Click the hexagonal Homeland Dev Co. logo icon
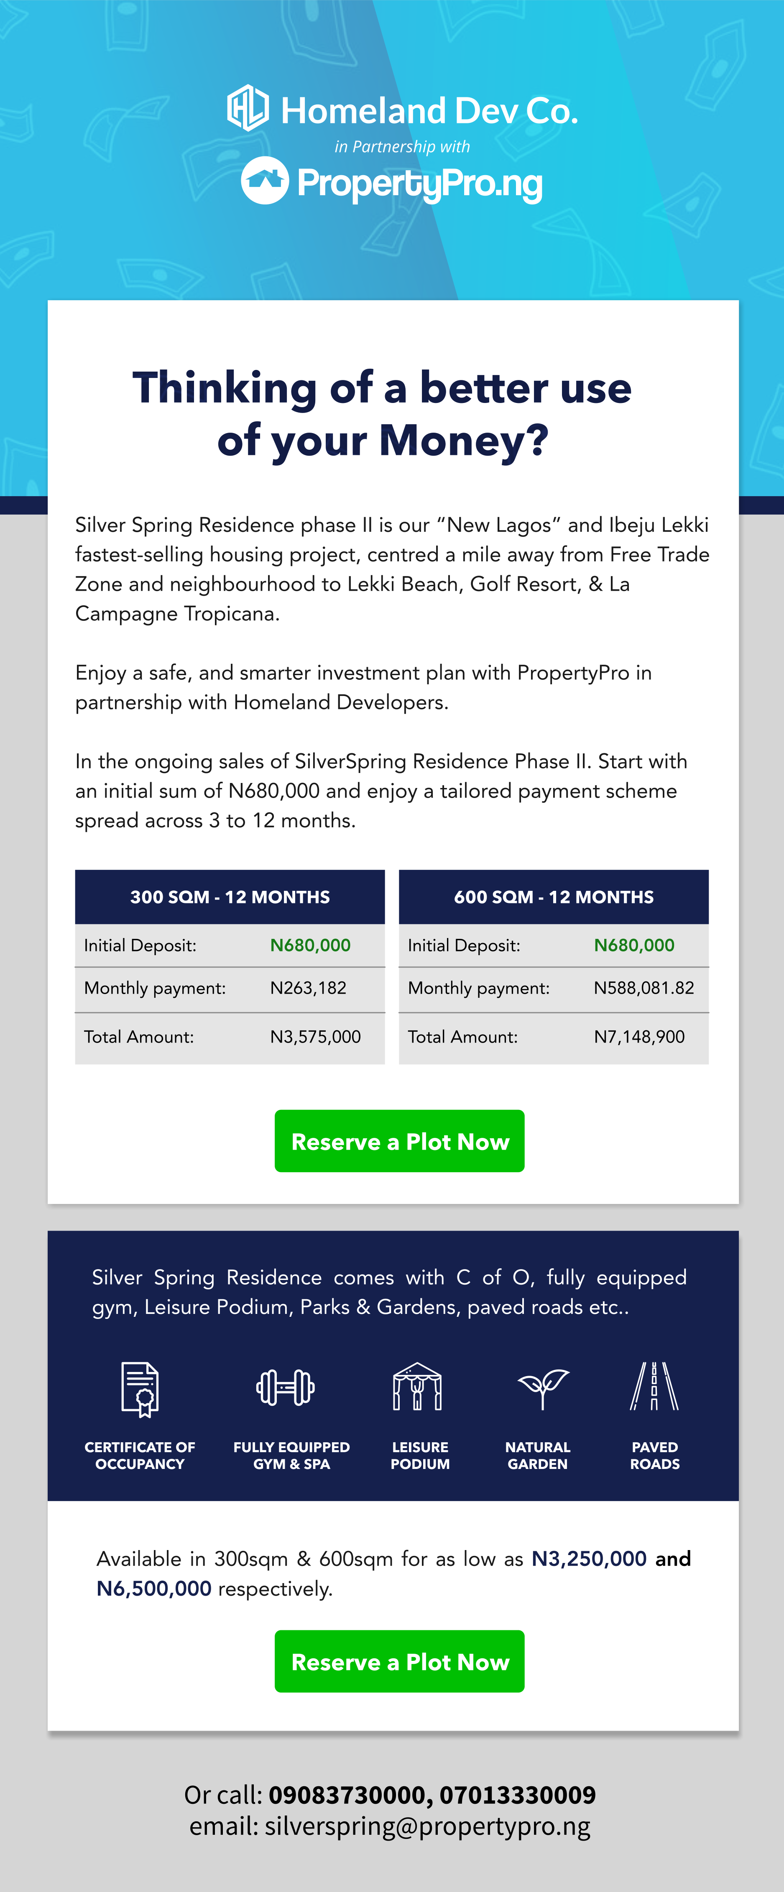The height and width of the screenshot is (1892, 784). (x=248, y=108)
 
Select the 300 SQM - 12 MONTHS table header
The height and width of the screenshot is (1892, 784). (x=230, y=897)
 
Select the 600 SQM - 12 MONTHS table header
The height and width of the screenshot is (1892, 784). (x=553, y=897)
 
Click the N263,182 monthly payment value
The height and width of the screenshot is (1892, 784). (x=308, y=988)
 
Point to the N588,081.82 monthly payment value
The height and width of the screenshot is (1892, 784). (x=644, y=988)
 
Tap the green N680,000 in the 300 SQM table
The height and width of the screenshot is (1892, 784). (x=310, y=945)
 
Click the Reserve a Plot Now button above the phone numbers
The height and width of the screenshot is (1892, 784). (x=400, y=1661)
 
